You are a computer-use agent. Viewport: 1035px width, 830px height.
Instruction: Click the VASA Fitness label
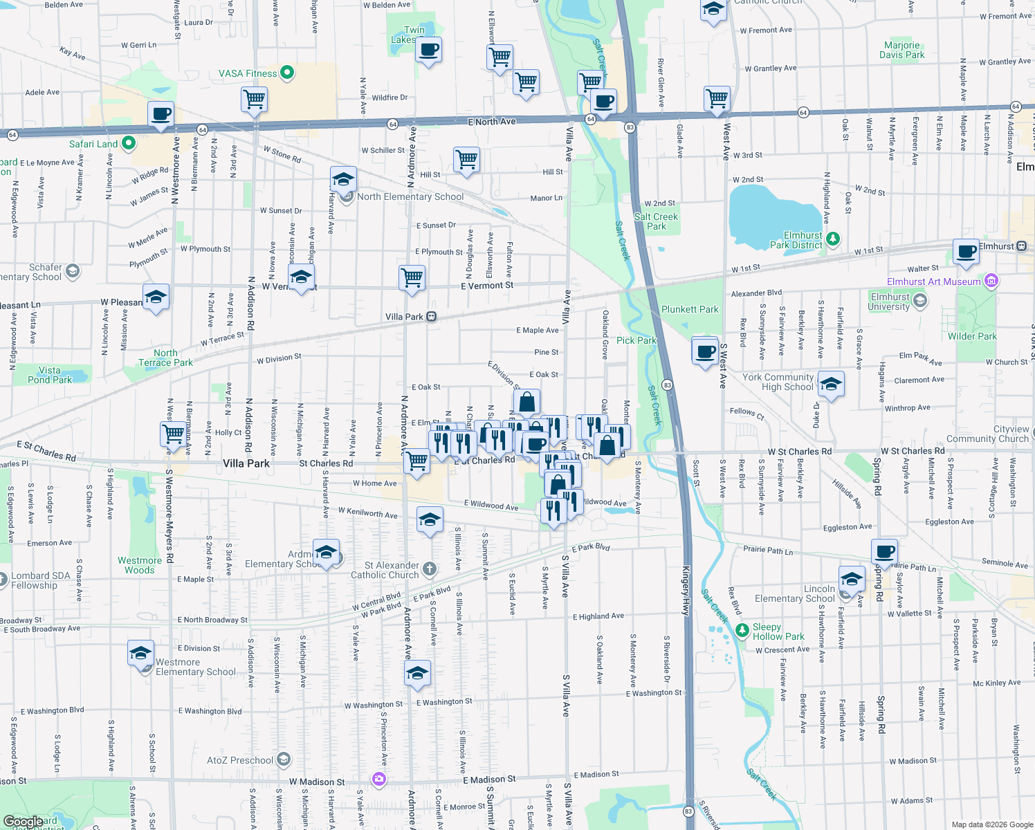(247, 73)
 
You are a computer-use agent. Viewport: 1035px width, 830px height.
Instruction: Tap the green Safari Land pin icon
(128, 143)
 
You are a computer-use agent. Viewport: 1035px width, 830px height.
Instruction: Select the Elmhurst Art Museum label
(934, 282)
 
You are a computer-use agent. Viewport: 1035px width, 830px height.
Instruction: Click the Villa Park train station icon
(431, 317)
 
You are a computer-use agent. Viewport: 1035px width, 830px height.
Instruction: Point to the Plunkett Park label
(690, 309)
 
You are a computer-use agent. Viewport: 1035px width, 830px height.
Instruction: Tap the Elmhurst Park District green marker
(833, 239)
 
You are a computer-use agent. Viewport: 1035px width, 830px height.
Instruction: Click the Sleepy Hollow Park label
(778, 631)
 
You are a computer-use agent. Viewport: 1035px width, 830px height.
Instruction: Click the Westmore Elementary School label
(195, 667)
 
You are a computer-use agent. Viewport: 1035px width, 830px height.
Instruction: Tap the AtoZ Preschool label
(240, 760)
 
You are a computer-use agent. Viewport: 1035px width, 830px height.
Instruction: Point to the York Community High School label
(778, 382)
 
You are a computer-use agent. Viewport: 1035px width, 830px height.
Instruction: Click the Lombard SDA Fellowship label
(40, 580)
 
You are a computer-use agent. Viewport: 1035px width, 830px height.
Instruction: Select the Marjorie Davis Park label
(901, 50)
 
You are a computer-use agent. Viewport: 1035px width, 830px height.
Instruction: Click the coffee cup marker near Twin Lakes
(428, 50)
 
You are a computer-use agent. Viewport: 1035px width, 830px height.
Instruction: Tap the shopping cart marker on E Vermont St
(412, 278)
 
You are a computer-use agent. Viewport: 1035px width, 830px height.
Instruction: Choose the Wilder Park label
(972, 336)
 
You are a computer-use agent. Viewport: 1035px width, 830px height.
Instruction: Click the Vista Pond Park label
(50, 375)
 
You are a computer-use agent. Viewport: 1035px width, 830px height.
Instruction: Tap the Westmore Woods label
(140, 565)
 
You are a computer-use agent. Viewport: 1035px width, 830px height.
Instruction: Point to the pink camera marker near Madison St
(378, 780)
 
